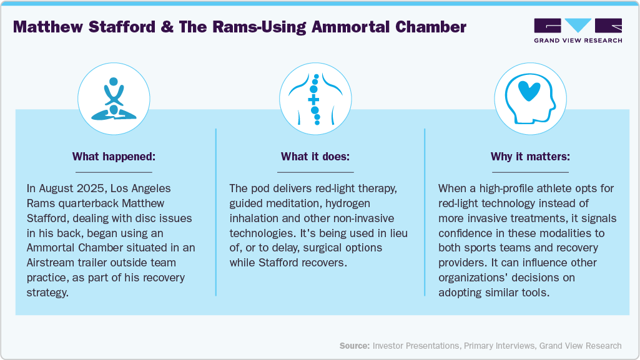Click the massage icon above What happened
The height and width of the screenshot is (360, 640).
point(114,99)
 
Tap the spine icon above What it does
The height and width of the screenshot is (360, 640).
point(315,99)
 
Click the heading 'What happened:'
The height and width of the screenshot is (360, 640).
point(114,156)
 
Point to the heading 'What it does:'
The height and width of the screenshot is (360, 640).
point(315,156)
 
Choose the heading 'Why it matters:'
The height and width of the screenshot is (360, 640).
point(530,156)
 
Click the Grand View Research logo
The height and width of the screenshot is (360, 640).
point(578,30)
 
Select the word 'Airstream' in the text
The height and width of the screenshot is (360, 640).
point(55,263)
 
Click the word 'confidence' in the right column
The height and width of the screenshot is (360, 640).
point(465,233)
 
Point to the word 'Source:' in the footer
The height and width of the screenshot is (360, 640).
point(355,345)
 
